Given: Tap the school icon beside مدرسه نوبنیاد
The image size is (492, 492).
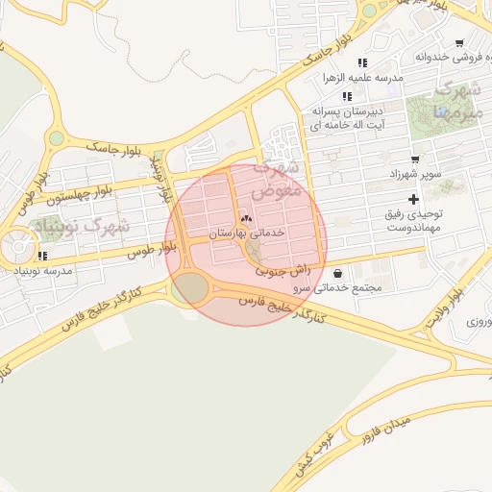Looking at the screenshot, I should (x=42, y=256).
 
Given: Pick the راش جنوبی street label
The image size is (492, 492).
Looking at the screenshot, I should (x=283, y=272).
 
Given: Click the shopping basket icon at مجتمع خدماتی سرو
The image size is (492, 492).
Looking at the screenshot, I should (x=337, y=273).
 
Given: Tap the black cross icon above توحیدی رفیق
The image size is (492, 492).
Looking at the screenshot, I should (x=413, y=199).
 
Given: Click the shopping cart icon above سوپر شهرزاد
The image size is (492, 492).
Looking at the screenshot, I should (x=414, y=160).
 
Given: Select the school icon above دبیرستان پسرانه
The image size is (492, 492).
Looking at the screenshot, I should (x=347, y=96).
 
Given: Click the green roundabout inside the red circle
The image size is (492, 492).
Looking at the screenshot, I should (x=191, y=287).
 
